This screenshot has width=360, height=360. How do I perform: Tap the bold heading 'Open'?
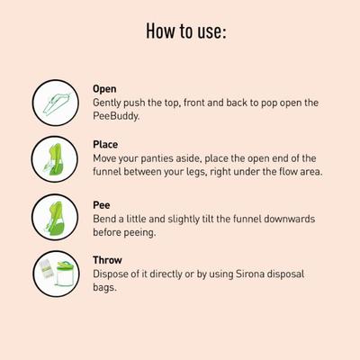click(x=104, y=89)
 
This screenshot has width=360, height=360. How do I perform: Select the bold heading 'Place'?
click(x=104, y=144)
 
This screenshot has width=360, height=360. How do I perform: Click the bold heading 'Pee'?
click(x=102, y=205)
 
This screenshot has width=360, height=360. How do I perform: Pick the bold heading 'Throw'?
click(x=106, y=260)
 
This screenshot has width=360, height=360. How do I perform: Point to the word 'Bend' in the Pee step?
click(x=104, y=219)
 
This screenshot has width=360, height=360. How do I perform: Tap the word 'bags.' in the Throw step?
click(x=106, y=288)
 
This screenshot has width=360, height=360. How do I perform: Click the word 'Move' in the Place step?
click(x=106, y=157)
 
